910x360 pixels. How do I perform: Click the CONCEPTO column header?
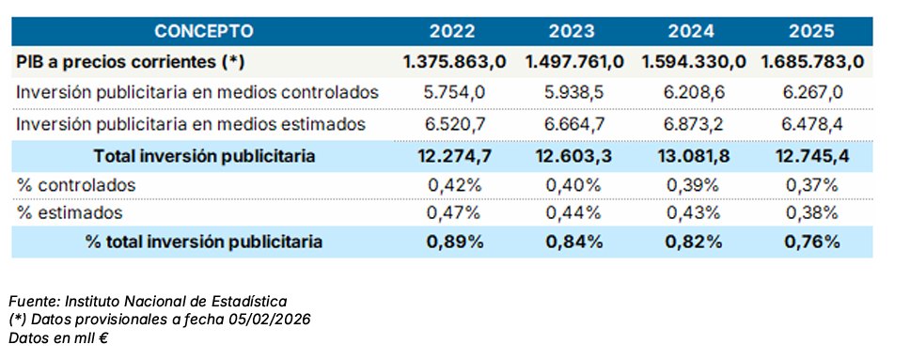204,31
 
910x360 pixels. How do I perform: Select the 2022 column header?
452,31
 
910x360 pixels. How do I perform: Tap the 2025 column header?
811,31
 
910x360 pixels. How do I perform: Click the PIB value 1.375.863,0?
455,62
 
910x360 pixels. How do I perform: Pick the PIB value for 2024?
694,62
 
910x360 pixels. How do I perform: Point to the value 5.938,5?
573,93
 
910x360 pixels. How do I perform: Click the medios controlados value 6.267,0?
812,93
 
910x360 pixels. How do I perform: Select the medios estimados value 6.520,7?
453,124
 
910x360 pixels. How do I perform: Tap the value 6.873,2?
694,124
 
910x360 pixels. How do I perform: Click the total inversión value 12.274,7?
454,156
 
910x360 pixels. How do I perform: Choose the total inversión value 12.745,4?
812,156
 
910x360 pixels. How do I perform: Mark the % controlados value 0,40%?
573,185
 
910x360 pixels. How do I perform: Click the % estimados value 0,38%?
811,213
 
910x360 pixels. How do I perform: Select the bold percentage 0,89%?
455,242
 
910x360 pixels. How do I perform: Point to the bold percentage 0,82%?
694,242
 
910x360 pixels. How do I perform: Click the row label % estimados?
70,213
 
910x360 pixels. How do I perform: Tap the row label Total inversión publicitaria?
204,156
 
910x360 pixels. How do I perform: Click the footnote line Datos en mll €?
58,338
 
